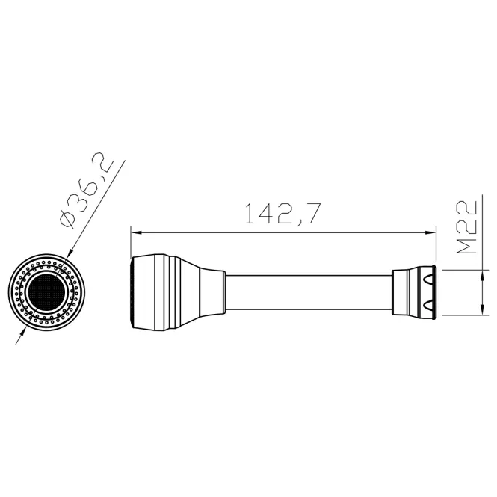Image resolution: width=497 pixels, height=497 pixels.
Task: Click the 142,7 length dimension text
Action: point(283,214)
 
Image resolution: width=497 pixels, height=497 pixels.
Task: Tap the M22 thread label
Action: point(466,227)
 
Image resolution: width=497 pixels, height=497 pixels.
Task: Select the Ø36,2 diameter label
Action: point(86,189)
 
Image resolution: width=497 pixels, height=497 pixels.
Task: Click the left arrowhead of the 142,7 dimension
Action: point(136,233)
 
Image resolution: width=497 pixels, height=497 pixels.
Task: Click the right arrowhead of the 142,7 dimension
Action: point(430,233)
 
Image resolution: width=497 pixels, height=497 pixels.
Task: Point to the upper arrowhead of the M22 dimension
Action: point(482,275)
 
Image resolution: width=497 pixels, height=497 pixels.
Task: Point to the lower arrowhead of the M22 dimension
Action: point(482,309)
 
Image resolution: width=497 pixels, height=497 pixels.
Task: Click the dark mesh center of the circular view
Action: point(46,292)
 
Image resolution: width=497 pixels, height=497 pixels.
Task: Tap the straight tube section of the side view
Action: point(309,292)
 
